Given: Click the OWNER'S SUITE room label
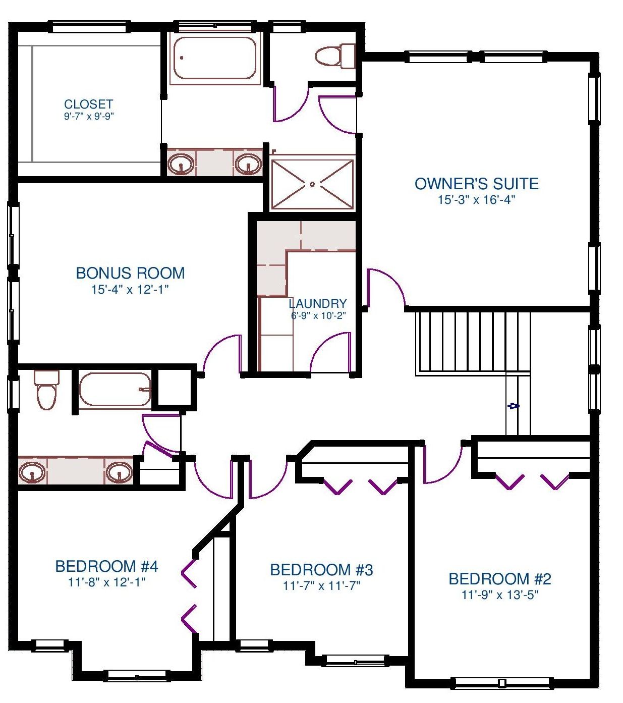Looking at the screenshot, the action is pyautogui.click(x=476, y=184).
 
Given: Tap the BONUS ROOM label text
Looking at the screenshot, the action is pyautogui.click(x=130, y=273).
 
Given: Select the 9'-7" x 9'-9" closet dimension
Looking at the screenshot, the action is pyautogui.click(x=89, y=116).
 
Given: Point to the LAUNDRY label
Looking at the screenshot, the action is pyautogui.click(x=318, y=303).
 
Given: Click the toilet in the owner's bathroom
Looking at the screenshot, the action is pyautogui.click(x=335, y=56).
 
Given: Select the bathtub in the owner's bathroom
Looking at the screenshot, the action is pyautogui.click(x=215, y=59).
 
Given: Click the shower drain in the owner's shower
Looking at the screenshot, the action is pyautogui.click(x=312, y=184).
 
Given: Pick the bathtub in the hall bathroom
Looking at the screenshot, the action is pyautogui.click(x=115, y=389).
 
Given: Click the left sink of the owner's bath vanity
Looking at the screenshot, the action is pyautogui.click(x=181, y=163).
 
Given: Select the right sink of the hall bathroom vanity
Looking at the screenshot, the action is pyautogui.click(x=119, y=472).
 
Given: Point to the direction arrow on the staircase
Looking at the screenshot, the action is pyautogui.click(x=514, y=406).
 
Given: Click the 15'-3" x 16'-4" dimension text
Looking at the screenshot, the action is pyautogui.click(x=476, y=200).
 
